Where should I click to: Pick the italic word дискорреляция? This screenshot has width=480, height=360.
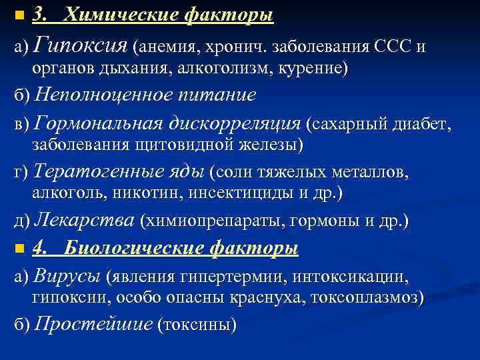(x=233, y=123)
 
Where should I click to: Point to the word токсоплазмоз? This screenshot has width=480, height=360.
(x=366, y=297)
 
